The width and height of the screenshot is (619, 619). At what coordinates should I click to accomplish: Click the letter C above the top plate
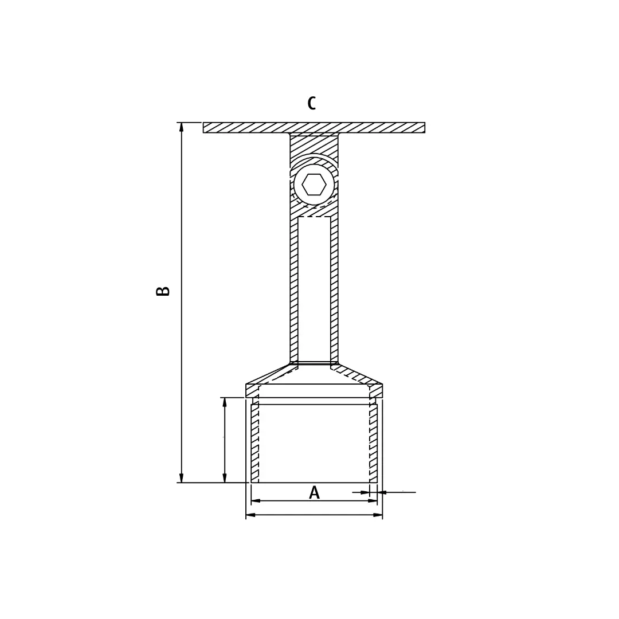click(311, 104)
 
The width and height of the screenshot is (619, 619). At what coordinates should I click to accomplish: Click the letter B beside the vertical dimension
click(163, 291)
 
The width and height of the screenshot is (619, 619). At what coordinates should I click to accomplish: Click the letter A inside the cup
click(314, 493)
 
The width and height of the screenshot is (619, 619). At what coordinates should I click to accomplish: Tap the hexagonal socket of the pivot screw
click(314, 185)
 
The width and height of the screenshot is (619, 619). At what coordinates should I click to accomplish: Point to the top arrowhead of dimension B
click(182, 127)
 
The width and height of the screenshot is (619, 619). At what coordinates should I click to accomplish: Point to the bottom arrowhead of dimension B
click(182, 478)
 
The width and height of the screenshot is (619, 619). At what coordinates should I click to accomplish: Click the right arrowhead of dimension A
click(373, 501)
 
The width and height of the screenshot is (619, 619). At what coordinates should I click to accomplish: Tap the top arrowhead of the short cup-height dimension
click(225, 402)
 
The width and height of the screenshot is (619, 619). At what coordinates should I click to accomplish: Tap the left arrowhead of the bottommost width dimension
click(250, 515)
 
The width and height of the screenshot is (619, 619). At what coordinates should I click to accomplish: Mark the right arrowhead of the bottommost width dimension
click(378, 515)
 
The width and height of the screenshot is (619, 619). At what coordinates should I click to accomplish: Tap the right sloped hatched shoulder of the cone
click(358, 375)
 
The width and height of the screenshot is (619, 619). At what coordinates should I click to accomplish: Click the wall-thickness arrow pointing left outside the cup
click(382, 492)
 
